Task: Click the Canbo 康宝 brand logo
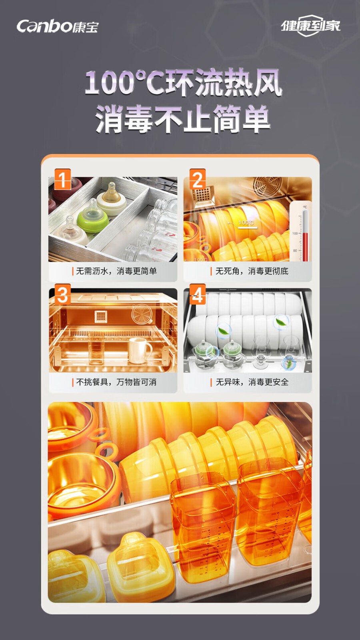point(58,26)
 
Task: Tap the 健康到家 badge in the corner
point(310,26)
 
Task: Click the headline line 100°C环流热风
point(184,83)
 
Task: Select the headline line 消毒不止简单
point(183,119)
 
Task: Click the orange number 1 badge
point(62,179)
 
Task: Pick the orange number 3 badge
point(62,294)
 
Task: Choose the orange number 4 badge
point(198,294)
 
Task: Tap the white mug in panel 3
point(139,350)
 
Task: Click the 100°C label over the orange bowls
point(246,222)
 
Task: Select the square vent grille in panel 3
point(101,316)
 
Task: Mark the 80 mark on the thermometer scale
point(295,250)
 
